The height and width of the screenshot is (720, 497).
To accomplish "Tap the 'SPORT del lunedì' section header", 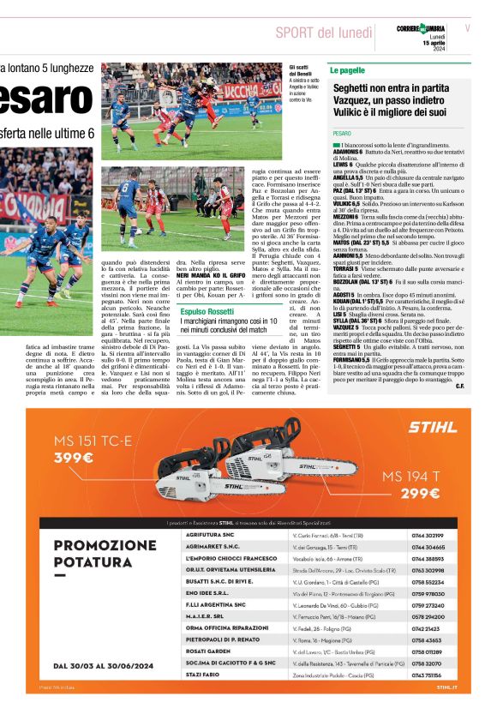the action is point(324,33).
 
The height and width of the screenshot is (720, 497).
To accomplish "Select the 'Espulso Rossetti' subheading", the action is point(207,312).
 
